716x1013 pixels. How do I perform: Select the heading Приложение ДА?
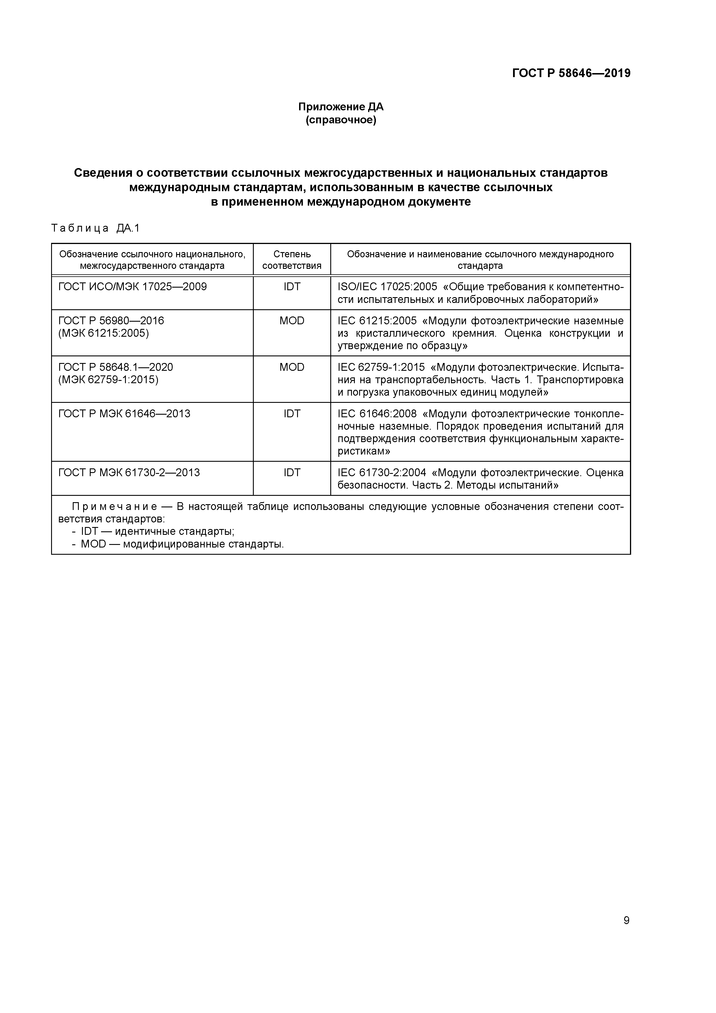click(x=341, y=107)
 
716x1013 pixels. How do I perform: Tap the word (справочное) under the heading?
click(x=341, y=120)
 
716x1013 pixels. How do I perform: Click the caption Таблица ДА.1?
click(x=95, y=228)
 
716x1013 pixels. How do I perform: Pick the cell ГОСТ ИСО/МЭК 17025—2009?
click(x=132, y=287)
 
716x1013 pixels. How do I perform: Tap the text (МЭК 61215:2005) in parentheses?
click(x=104, y=333)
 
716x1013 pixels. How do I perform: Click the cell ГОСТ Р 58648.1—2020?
click(x=115, y=367)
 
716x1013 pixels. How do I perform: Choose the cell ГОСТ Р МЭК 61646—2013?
click(x=124, y=414)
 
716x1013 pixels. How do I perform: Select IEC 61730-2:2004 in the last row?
click(x=382, y=472)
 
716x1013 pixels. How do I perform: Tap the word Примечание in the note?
click(x=114, y=507)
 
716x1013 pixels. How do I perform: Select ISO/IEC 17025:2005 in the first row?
click(x=387, y=287)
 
